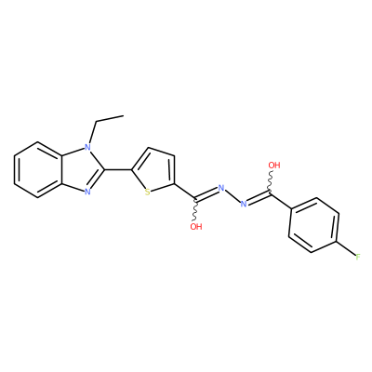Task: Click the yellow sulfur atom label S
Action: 148,193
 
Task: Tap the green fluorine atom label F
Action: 358,257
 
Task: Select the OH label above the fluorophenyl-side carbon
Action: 274,166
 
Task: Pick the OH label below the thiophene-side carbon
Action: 196,227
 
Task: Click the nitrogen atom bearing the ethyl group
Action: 87,147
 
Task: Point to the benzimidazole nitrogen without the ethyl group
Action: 87,192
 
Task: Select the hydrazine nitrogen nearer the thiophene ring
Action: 220,188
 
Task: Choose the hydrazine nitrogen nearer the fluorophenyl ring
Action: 244,204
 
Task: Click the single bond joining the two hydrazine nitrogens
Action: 232,196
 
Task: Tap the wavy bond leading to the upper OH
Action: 270,182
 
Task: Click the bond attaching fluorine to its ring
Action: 347,248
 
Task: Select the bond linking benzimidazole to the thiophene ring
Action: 118,169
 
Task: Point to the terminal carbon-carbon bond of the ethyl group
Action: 110,119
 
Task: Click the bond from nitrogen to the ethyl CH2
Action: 92,132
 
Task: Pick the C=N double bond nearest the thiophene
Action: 206,193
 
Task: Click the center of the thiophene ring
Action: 157,172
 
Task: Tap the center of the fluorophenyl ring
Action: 313,225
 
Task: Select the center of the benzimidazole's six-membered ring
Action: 38,169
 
